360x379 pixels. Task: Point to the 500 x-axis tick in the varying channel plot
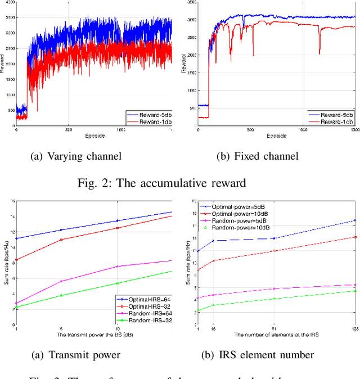coord(67,130)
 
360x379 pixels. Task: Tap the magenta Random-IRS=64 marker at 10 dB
coord(116,267)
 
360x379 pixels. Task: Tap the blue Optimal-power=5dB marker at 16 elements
coord(213,241)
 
